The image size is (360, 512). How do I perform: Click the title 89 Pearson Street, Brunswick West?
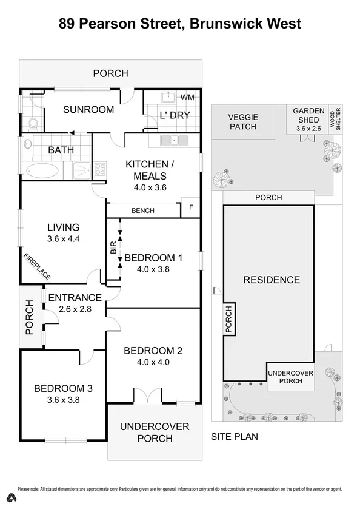tap(180, 24)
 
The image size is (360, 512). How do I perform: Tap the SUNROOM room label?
tap(89, 110)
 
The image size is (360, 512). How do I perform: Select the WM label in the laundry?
tap(187, 98)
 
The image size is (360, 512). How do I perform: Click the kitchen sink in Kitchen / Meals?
tap(174, 141)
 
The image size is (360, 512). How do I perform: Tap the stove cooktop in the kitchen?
tap(100, 170)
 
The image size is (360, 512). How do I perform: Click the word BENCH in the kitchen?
tap(143, 211)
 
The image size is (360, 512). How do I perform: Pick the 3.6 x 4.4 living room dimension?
tap(64, 239)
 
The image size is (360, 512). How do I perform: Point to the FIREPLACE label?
tap(38, 267)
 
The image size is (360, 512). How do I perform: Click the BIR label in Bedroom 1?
tap(113, 248)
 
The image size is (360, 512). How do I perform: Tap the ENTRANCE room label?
tap(75, 297)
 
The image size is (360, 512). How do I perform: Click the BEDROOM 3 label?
tap(64, 388)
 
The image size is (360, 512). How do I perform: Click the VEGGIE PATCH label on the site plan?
tap(242, 122)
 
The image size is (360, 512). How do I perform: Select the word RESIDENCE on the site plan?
tap(272, 280)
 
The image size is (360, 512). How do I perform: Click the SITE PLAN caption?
tap(235, 436)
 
